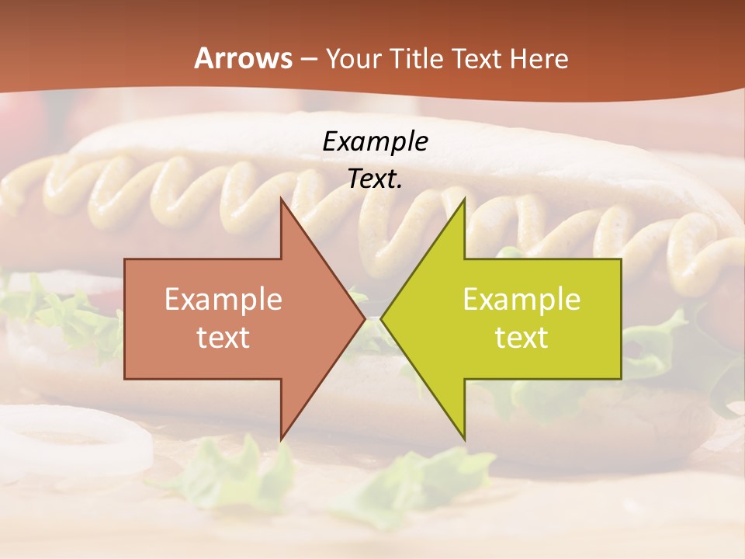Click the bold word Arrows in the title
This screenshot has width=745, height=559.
[242, 58]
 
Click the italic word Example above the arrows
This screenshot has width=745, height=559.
[375, 142]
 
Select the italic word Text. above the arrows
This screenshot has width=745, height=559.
[375, 179]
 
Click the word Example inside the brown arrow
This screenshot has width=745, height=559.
[223, 300]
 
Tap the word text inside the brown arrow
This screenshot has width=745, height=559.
[223, 337]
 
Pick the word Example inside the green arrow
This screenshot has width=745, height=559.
[521, 300]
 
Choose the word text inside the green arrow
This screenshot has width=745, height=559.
[521, 337]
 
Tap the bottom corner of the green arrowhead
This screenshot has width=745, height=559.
[464, 439]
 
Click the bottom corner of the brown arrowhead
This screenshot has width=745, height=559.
[282, 439]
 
